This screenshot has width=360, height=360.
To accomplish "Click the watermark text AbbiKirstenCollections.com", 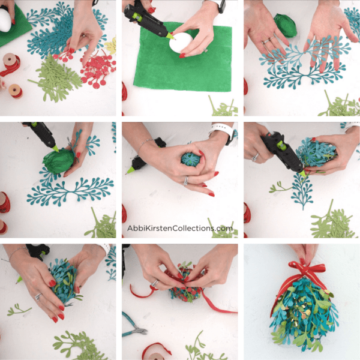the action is [x=180, y=228].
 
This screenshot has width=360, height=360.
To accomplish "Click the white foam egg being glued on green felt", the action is [x=181, y=43].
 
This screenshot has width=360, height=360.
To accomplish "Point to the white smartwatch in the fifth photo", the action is [x=221, y=131].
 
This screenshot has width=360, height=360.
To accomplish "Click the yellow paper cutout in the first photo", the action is [x=111, y=46].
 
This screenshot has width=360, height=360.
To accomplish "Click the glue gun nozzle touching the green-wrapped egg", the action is [x=55, y=148].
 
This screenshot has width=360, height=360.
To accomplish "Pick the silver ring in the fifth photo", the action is [x=186, y=180].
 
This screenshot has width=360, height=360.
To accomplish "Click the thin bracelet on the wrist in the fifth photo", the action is [x=144, y=144].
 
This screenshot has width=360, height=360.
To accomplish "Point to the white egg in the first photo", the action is [x=5, y=20].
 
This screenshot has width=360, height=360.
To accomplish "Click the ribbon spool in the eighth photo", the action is [x=157, y=352].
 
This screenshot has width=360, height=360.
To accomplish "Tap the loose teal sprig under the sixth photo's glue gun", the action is [x=302, y=190].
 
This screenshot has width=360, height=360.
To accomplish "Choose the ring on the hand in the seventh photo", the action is [x=38, y=296].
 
